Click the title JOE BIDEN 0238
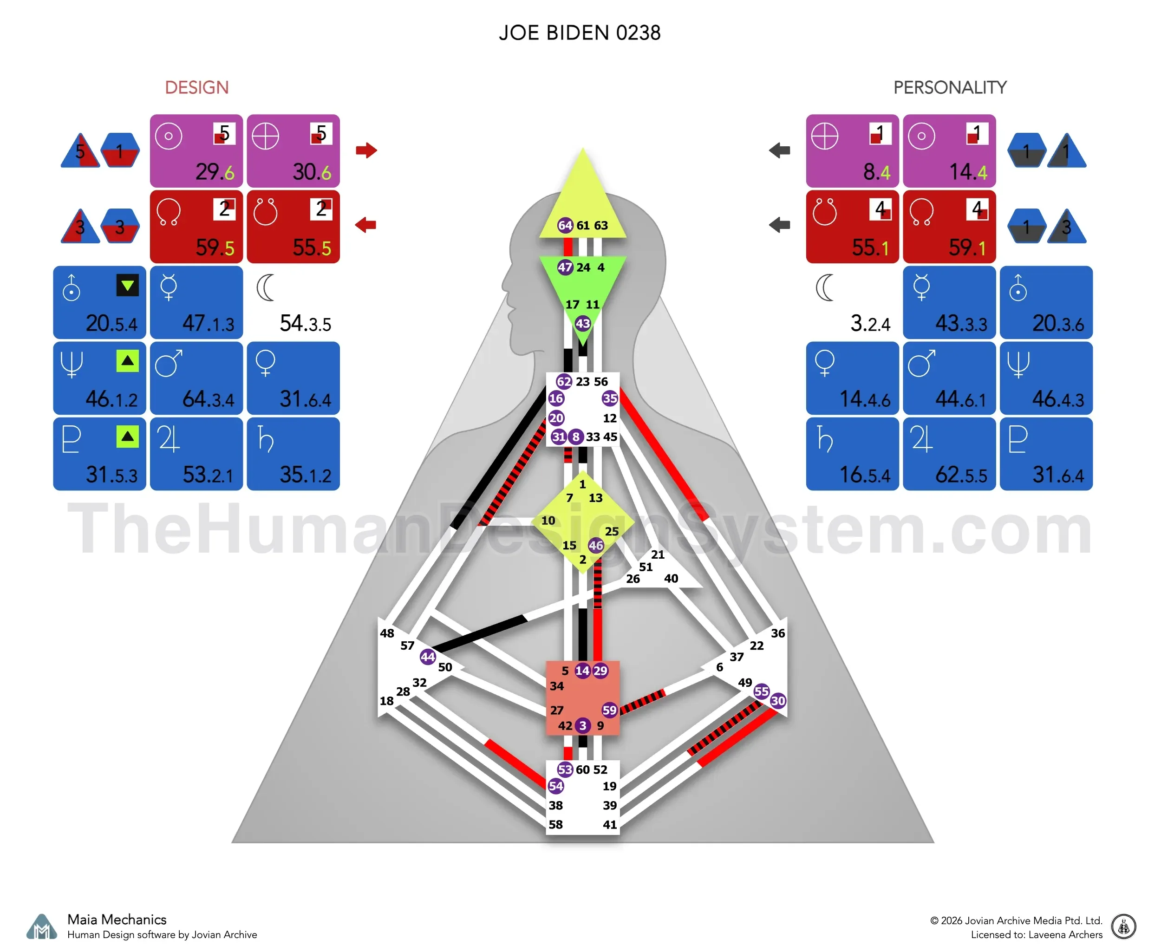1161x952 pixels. (x=580, y=33)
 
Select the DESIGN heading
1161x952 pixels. (x=197, y=87)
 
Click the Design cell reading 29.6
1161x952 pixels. (x=196, y=151)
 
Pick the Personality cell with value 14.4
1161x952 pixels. (x=949, y=151)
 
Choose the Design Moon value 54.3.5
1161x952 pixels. (x=305, y=323)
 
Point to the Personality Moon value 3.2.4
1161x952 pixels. (x=870, y=323)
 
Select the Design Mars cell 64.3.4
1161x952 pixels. (x=196, y=378)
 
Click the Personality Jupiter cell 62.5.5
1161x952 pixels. (x=949, y=454)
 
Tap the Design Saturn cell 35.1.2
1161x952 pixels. (x=294, y=454)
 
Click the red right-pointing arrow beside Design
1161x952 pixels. (x=366, y=150)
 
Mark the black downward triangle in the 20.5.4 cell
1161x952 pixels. (x=127, y=285)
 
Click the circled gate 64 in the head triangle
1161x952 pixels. (x=565, y=225)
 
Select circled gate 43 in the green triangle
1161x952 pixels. (x=582, y=324)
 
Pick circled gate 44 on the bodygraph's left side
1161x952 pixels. (x=428, y=657)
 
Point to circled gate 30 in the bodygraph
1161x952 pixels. (x=778, y=700)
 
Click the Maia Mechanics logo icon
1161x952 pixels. (x=42, y=927)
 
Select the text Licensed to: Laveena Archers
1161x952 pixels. (x=1037, y=934)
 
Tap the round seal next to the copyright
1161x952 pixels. (x=1124, y=927)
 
